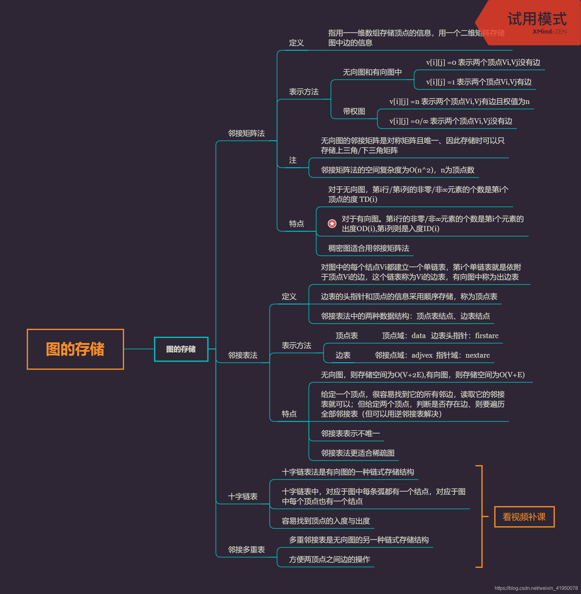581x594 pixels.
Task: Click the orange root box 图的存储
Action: [x=75, y=349]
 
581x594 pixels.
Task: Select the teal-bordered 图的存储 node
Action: [x=181, y=349]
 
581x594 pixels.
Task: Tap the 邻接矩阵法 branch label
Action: [x=246, y=133]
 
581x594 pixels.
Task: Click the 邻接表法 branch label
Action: [x=243, y=355]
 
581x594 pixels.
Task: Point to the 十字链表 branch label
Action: [x=243, y=496]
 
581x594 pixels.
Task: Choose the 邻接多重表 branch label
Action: [x=246, y=550]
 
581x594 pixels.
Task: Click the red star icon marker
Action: [x=332, y=224]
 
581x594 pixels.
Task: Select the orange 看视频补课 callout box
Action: [x=524, y=517]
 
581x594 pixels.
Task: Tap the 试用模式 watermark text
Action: [x=537, y=19]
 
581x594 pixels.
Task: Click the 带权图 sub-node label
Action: [x=354, y=111]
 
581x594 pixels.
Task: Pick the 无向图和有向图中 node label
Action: [x=372, y=72]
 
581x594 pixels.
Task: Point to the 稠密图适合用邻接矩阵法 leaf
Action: [x=368, y=248]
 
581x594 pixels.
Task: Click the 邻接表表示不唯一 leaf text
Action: [x=350, y=434]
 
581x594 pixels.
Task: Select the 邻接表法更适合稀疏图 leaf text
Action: [x=358, y=453]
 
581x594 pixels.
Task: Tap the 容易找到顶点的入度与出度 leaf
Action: [x=326, y=521]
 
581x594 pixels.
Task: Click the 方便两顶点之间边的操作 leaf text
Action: [x=330, y=559]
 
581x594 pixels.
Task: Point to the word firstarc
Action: [x=486, y=336]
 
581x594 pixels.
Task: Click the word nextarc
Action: [x=477, y=355]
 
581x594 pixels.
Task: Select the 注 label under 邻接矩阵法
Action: [x=293, y=160]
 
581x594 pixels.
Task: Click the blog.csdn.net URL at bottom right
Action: [x=536, y=588]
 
